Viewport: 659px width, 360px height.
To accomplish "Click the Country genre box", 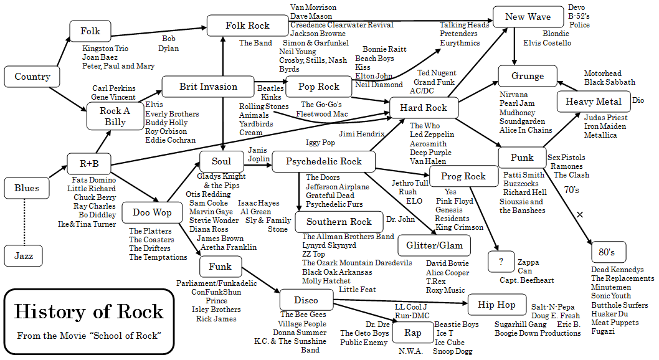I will [32, 77].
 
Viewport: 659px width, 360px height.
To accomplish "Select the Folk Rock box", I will [247, 26].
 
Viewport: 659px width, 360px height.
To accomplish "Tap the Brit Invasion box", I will [208, 87].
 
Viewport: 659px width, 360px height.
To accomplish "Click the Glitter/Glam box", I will [434, 245].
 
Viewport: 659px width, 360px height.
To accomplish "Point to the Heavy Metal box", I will [593, 102].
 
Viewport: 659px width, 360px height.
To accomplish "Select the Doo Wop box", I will [151, 212].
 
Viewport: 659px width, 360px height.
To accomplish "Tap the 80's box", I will [607, 252].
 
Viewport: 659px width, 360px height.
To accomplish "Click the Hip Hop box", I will [496, 305].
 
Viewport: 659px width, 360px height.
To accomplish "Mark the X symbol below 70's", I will [580, 214].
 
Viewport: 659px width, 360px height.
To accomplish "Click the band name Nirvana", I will [513, 95].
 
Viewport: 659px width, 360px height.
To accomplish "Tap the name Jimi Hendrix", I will [363, 134].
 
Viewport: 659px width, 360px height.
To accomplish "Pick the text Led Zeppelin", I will [432, 135].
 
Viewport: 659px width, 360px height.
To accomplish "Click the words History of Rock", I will [88, 311].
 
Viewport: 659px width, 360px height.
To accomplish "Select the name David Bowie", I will [447, 264].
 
